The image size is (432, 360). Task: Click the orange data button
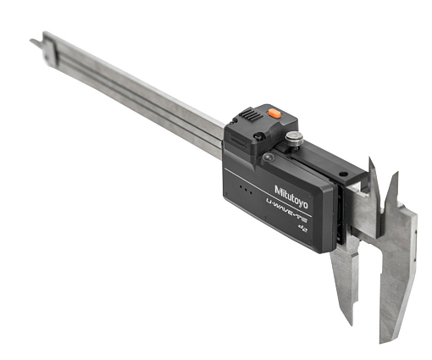(274, 114)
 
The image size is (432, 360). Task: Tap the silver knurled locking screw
(294, 139)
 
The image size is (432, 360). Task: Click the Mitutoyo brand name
(291, 197)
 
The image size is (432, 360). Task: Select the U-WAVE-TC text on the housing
(287, 210)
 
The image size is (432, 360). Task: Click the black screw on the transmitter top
(258, 137)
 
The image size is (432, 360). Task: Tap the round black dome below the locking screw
(269, 158)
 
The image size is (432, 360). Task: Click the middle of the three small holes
(246, 190)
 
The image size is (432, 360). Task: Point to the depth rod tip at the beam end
(31, 41)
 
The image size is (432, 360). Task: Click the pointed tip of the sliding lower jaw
(352, 324)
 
